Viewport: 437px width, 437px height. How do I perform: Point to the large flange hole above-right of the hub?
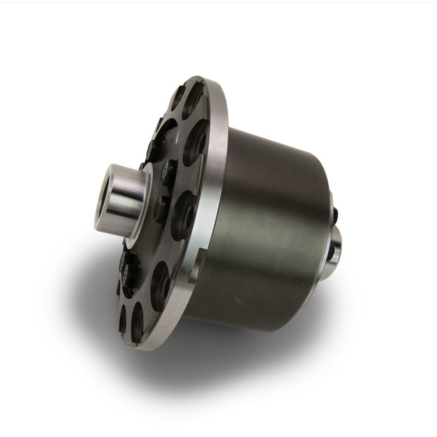point(194,143)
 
